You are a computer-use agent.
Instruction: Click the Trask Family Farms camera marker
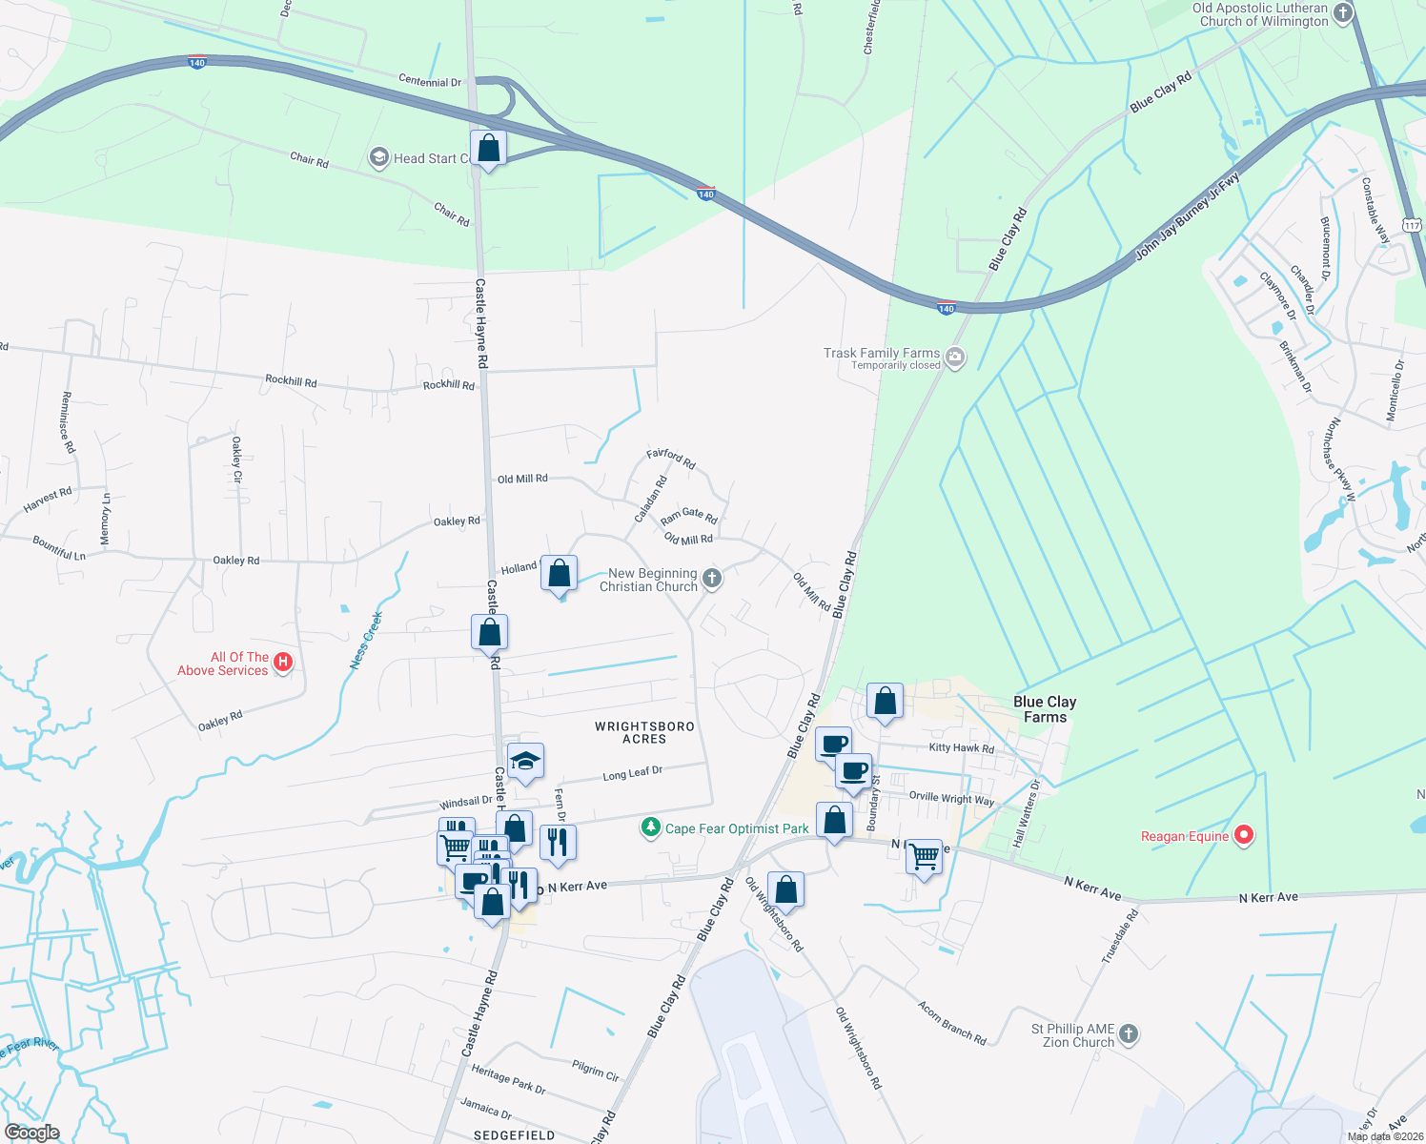coord(955,358)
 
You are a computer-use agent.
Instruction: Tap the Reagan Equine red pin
coord(1243,836)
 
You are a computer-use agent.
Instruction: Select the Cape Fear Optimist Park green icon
coord(651,827)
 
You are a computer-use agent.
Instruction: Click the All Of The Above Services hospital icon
coord(282,663)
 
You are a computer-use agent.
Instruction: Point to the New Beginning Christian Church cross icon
coord(712,578)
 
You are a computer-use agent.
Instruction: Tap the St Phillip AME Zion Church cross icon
coord(1128,1034)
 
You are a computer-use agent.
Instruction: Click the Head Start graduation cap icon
coord(379,157)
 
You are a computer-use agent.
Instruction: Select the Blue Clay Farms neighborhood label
coord(1045,709)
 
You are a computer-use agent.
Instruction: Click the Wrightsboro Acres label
coord(644,732)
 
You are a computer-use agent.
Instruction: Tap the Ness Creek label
coord(365,640)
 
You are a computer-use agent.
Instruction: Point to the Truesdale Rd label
coord(1120,936)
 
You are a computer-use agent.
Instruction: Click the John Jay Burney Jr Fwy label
coord(1187,216)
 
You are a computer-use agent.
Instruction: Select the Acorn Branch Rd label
coord(951,1022)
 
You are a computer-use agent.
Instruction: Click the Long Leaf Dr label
coord(632,773)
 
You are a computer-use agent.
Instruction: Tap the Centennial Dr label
coord(429,81)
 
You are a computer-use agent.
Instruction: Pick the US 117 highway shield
coord(1412,225)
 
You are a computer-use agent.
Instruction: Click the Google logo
coord(32,1133)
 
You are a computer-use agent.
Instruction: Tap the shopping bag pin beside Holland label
coord(560,574)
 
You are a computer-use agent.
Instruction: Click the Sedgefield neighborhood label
coord(515,1135)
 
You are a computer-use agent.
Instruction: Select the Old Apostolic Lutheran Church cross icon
coord(1343,13)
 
